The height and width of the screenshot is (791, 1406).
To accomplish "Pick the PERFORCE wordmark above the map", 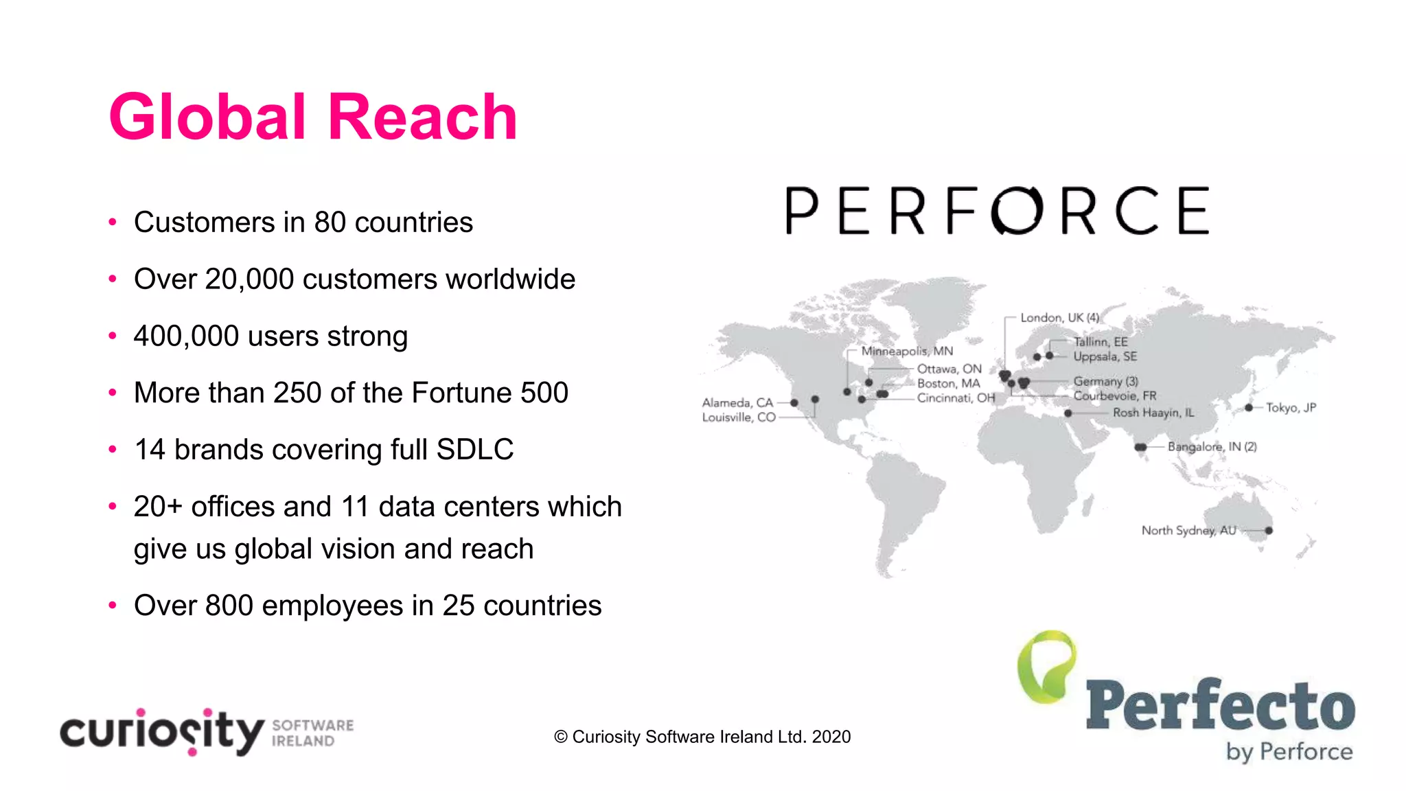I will (998, 211).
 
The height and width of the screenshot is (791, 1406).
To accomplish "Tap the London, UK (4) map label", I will (1059, 318).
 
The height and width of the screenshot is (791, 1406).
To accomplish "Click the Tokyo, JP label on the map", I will (1291, 408).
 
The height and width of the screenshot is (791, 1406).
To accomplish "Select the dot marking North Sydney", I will (1269, 531).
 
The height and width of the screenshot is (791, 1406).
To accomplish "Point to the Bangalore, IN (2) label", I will (1212, 447).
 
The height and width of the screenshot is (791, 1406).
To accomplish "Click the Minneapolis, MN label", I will (907, 352).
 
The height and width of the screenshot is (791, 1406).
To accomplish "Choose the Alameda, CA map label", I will (737, 403).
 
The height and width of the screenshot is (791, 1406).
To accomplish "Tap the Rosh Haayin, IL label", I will (1153, 413).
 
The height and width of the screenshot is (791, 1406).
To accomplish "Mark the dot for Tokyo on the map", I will (1249, 408).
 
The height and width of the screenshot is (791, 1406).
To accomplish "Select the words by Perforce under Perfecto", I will (1289, 752).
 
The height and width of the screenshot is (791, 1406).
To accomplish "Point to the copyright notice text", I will (702, 737).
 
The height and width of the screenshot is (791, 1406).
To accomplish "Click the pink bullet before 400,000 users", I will (113, 336).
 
